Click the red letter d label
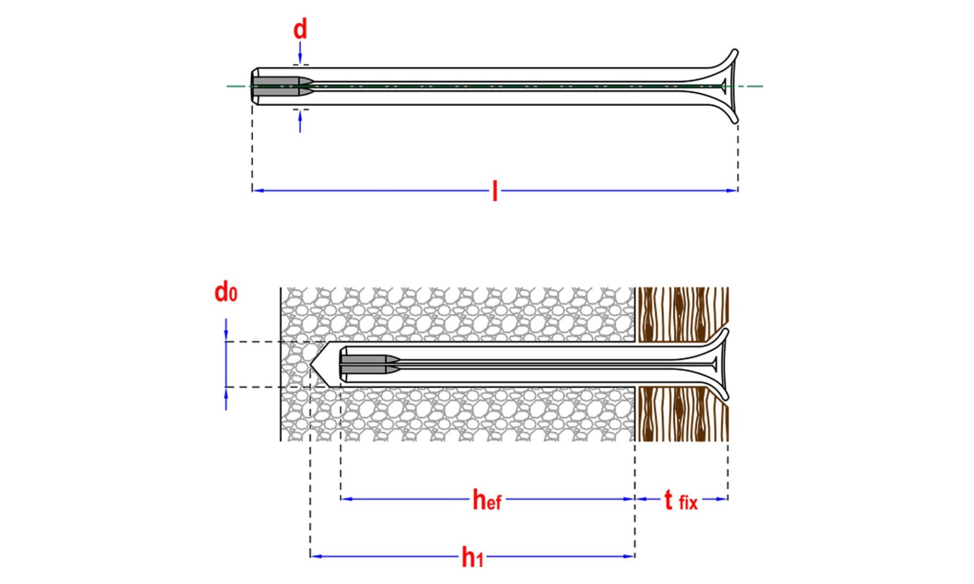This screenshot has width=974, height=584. pyautogui.click(x=300, y=29)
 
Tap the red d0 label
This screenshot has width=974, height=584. pyautogui.click(x=226, y=292)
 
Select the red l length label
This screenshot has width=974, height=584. pyautogui.click(x=495, y=191)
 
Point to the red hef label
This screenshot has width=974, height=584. pyautogui.click(x=487, y=500)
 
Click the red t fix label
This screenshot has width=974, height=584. pyautogui.click(x=681, y=500)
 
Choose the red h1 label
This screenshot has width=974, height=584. pyautogui.click(x=472, y=557)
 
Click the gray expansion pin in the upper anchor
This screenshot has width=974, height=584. pyautogui.click(x=282, y=86)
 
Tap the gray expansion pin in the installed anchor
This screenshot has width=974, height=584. pyautogui.click(x=370, y=364)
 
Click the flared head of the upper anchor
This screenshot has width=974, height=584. pyautogui.click(x=721, y=86)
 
